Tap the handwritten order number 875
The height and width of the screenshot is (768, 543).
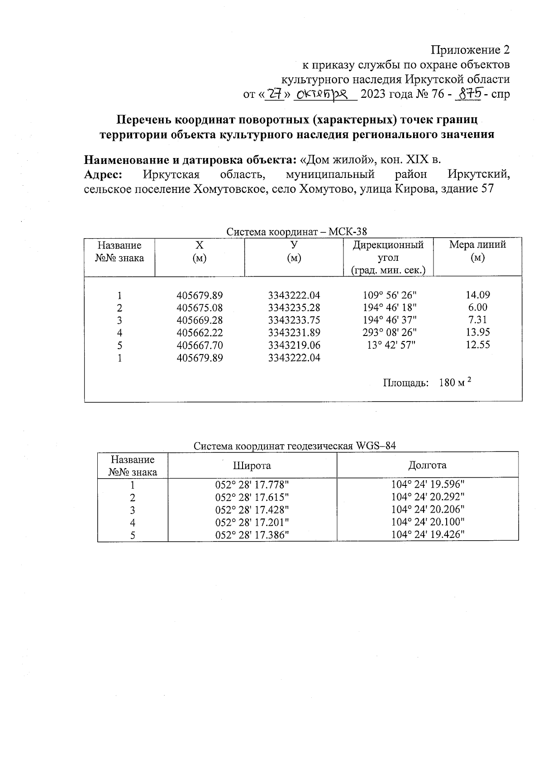[470, 94]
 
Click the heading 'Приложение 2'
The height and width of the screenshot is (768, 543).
[470, 49]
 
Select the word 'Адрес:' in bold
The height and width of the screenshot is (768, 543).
[104, 174]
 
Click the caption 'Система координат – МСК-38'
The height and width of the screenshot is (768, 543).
[296, 232]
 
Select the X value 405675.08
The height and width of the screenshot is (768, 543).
[200, 308]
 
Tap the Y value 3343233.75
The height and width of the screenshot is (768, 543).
[294, 320]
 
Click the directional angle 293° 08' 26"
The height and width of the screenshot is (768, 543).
[390, 332]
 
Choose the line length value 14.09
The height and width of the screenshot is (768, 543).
[478, 295]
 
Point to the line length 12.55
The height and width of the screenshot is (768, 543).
[478, 345]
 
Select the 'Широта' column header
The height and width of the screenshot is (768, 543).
[252, 466]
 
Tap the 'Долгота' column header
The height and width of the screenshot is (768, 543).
[427, 465]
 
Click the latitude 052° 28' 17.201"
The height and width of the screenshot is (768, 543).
[252, 523]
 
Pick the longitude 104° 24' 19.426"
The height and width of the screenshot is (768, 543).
[428, 534]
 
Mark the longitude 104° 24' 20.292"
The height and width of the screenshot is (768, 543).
[428, 497]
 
